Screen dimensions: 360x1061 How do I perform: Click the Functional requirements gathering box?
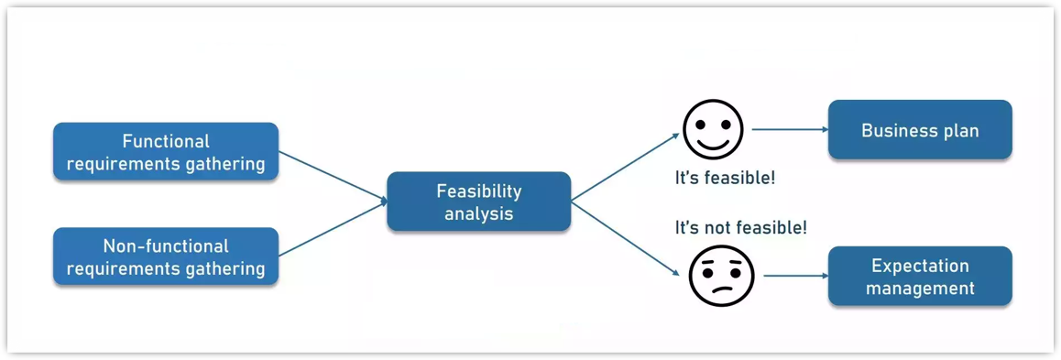pos(166,152)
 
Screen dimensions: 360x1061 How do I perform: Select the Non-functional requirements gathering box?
pos(166,256)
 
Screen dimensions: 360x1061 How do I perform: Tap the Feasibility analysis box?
pos(478,202)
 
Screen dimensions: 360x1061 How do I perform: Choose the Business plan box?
pos(920,130)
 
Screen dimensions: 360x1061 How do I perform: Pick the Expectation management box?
pos(920,276)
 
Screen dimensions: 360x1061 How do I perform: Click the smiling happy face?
pos(714,130)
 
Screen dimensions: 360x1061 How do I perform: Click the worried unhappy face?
pos(721,276)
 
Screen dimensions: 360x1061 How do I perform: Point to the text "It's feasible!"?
pos(725,178)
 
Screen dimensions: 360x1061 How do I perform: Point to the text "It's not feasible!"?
pos(740,227)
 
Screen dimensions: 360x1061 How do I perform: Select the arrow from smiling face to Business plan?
pos(790,130)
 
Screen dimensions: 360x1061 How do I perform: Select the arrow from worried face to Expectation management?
pos(795,276)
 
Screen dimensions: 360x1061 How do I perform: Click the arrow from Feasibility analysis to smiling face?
pos(625,167)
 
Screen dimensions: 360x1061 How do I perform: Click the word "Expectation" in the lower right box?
pos(920,266)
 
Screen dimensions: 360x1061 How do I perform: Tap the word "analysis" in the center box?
pos(478,213)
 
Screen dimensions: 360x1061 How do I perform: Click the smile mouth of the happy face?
pos(714,145)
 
